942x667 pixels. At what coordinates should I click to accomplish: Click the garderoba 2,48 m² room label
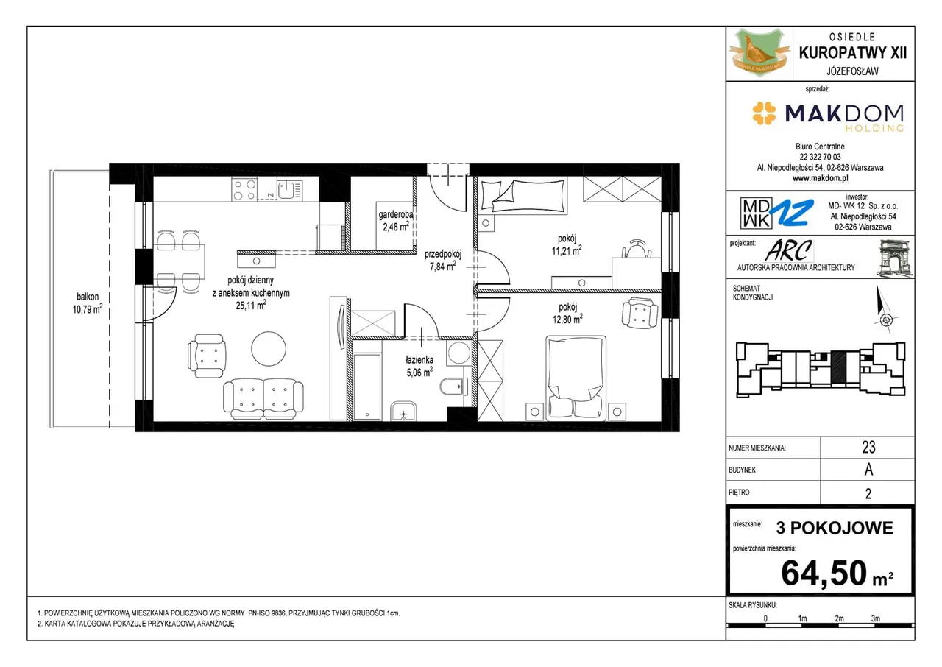click(x=395, y=221)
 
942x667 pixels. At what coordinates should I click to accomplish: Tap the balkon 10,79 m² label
click(x=88, y=303)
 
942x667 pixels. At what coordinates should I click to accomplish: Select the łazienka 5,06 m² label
click(x=419, y=367)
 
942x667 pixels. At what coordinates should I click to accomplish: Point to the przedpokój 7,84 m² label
click(x=442, y=261)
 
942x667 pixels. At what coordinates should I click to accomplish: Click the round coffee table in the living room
click(x=269, y=349)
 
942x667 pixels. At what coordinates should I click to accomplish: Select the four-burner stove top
click(x=244, y=188)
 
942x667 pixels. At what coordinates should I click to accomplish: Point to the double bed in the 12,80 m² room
click(x=576, y=378)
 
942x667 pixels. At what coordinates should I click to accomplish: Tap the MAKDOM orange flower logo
click(x=764, y=113)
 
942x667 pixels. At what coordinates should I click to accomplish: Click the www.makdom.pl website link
click(x=820, y=178)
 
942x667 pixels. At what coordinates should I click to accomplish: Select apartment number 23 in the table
click(x=868, y=447)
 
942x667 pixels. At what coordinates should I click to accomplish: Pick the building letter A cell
click(x=868, y=470)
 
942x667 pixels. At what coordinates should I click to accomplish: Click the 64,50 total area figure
click(x=824, y=573)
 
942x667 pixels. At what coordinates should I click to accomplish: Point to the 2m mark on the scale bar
click(x=839, y=618)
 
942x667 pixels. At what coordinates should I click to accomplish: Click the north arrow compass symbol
click(x=884, y=309)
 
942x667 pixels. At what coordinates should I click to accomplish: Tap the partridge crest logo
click(x=759, y=53)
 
